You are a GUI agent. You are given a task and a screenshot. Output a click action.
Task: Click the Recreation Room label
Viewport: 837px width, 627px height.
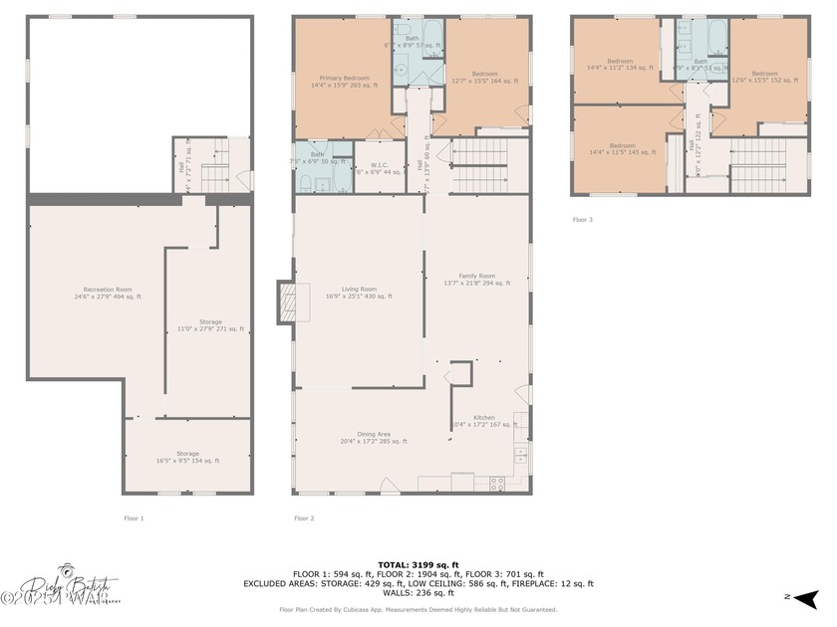(x=108, y=293)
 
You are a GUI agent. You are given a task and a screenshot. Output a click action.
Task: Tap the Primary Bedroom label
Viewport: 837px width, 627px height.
(x=345, y=82)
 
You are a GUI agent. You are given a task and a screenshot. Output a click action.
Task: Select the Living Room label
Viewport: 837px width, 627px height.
(x=360, y=292)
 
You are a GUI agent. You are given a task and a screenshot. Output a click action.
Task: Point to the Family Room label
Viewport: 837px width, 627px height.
(x=476, y=279)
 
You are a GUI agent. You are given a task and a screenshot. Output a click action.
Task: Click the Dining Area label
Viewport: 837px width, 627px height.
(x=359, y=437)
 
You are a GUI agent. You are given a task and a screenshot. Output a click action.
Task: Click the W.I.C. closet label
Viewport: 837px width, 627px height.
(x=380, y=169)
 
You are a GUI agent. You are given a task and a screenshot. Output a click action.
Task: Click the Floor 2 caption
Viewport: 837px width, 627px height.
(x=304, y=519)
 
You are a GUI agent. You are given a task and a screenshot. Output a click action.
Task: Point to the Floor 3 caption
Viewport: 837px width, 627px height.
(x=583, y=219)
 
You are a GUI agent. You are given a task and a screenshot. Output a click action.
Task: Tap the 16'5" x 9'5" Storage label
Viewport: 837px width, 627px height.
(x=187, y=457)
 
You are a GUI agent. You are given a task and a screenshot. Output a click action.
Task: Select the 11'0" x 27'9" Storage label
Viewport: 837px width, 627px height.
(x=210, y=325)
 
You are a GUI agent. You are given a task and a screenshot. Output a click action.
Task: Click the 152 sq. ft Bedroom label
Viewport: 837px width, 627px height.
(x=764, y=77)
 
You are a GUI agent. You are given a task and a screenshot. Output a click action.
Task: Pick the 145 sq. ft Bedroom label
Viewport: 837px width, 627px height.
(x=622, y=148)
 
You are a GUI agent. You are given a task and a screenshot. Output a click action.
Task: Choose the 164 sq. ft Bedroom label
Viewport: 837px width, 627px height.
(x=484, y=77)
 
